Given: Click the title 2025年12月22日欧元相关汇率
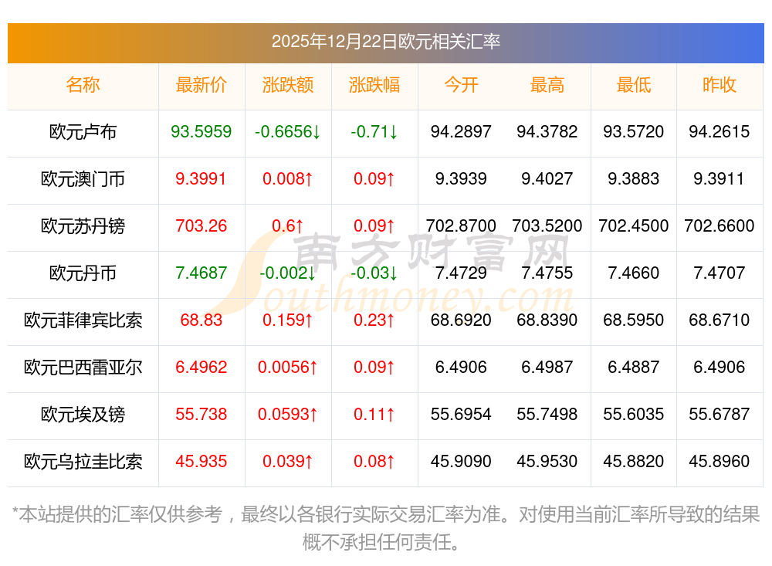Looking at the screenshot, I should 385,41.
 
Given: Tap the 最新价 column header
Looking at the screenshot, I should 201,85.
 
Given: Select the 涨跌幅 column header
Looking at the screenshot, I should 374,85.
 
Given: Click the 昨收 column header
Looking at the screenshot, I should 720,85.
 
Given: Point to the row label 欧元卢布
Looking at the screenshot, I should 83,132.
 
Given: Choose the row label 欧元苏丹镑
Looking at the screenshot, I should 83,226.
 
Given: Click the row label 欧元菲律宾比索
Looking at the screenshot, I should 83,320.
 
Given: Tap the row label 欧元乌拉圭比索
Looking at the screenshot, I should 83,462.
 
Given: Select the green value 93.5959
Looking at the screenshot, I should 201,132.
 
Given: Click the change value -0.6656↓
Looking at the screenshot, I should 288,132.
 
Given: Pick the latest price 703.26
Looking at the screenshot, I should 201,226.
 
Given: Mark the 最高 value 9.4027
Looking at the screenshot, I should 547,179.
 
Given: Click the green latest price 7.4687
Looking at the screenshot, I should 201,273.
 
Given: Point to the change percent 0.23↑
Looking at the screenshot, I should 374,320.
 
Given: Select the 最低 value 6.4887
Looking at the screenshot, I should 634,368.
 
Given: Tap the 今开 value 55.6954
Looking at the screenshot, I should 461,415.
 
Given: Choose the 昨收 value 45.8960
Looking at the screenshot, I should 720,462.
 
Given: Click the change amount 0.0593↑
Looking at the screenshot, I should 288,415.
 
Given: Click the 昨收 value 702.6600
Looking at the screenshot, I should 720,226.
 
